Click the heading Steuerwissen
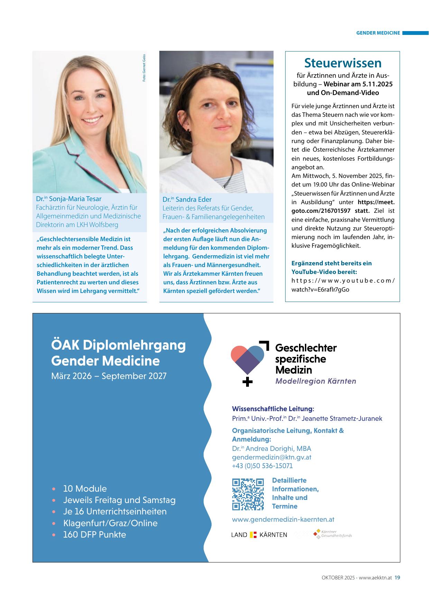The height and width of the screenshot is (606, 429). coord(343,63)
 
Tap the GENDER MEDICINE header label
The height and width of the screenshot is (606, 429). coord(378,33)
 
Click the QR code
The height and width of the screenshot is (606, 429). coord(248,494)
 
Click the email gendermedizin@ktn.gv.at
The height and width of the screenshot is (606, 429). coord(271,457)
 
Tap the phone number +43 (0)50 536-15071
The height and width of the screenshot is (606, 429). coord(262,466)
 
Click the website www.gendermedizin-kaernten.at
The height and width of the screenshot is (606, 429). coord(283,519)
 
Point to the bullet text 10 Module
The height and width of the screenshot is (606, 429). coord(85,489)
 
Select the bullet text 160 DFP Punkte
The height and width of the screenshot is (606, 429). coord(94,534)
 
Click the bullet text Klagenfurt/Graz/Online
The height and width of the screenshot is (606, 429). coord(110,523)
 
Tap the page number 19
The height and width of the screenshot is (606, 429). coord(397,577)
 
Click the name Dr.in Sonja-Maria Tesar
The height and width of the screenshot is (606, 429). coord(69,199)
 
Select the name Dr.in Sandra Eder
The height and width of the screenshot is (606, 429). coord(187,199)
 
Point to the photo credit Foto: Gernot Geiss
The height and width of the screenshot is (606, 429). coord(144,68)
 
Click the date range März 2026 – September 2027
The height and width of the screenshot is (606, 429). coord(109,376)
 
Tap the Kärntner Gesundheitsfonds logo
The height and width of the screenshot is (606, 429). coord(332,534)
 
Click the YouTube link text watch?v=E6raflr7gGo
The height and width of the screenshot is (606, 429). coord(320,290)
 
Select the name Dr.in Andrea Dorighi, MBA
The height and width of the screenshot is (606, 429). coord(271,448)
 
